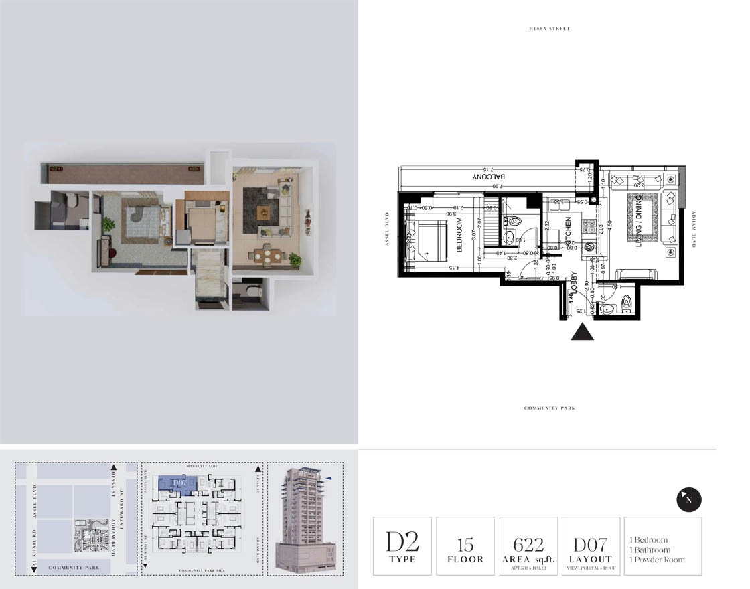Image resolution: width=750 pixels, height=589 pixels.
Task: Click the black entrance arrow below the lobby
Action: (582, 332)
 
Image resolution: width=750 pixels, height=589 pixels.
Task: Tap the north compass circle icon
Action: (689, 499)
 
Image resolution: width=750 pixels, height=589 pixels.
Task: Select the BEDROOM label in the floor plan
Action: (460, 234)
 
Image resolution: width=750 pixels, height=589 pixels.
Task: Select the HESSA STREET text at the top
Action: (548, 29)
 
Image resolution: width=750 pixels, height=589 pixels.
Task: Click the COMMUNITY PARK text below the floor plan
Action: (549, 408)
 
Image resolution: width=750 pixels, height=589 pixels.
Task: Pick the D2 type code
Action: (402, 541)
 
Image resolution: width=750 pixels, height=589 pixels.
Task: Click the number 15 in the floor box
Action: (465, 544)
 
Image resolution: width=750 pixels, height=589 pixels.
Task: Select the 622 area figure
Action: (528, 544)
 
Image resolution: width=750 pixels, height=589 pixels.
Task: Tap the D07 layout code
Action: (590, 544)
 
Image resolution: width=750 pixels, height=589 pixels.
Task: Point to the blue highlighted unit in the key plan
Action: (177, 483)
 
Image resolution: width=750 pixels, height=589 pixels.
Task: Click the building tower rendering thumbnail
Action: (305, 519)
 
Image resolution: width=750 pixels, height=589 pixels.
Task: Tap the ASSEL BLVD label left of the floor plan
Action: (387, 230)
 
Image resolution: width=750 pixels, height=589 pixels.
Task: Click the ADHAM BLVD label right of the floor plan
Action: (694, 230)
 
